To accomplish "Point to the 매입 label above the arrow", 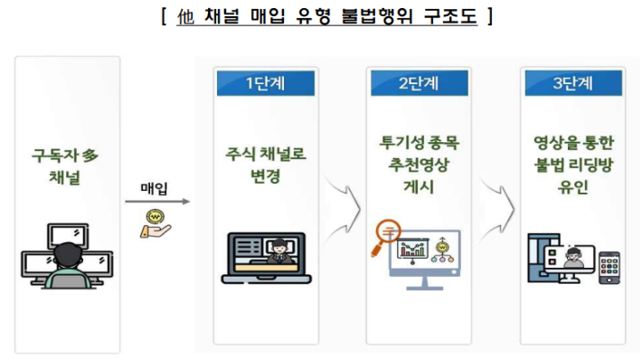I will coord(155,188).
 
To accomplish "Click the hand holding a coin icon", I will coord(155,223).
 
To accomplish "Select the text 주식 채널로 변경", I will coord(265,165).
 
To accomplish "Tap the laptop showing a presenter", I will coord(267,257).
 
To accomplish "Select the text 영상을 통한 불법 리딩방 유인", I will coord(572,166).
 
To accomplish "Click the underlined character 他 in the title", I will coord(187,15).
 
